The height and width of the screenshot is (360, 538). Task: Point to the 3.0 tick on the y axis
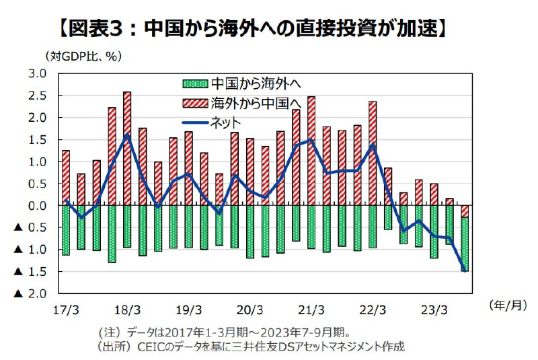tap(38, 73)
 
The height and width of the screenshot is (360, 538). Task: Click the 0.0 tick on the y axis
tap(38, 205)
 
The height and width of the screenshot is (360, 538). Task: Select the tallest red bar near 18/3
tap(127, 148)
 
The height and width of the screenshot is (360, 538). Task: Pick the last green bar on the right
tap(465, 244)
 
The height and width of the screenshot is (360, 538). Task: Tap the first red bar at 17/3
tap(66, 178)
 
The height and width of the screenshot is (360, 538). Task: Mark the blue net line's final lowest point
tap(464, 271)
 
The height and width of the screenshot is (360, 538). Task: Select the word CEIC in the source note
tap(152, 346)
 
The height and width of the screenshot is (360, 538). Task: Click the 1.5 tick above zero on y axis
tap(38, 139)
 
